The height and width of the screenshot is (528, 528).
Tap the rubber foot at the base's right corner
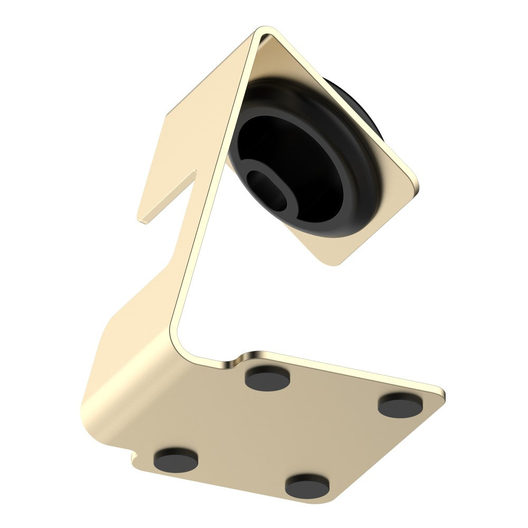[x=400, y=404]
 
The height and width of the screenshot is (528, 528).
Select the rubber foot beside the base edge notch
[x=176, y=459]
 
